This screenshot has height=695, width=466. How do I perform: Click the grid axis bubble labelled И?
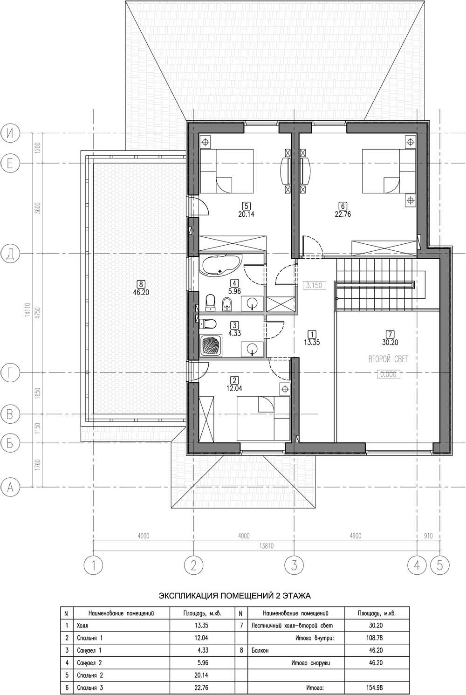pos(10,133)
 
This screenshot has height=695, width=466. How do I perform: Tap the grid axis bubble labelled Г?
pos(10,372)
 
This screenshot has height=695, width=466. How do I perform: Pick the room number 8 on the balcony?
pos(141,283)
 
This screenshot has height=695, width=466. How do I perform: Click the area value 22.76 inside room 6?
pos(343,214)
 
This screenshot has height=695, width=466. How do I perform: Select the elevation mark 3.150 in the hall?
pos(314,285)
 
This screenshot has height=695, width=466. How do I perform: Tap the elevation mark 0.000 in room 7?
pos(389,374)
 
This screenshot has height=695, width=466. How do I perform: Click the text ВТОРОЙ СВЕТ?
pos(389,359)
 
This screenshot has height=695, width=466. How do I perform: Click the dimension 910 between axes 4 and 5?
pos(428,536)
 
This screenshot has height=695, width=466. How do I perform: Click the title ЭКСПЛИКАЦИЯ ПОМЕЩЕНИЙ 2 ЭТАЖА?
pos(234,595)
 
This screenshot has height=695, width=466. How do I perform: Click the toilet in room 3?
pos(207,324)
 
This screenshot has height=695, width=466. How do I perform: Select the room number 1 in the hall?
pos(312,334)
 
